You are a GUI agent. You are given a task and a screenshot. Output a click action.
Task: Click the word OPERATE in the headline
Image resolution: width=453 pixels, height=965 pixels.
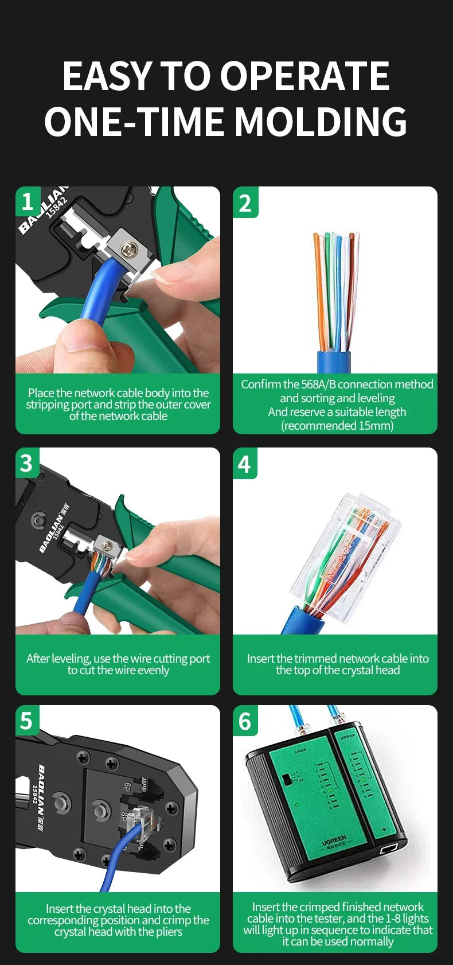pos(304,76)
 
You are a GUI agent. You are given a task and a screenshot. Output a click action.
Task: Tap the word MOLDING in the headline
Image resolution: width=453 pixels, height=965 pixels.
pos(321,122)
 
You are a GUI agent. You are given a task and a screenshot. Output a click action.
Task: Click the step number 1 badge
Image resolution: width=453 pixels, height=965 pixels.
pos(28,201)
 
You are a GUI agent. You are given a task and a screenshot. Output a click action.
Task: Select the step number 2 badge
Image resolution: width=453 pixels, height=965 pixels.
pos(245,203)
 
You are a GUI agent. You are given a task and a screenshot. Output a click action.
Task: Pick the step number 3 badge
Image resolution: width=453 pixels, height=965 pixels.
pos(27,463)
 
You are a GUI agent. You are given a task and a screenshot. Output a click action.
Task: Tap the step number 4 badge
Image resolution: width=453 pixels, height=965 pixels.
pos(245,464)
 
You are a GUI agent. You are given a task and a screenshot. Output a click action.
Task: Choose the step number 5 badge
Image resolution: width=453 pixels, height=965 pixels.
pos(27,721)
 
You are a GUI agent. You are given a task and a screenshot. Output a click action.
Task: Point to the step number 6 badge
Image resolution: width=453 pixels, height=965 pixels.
pos(245,721)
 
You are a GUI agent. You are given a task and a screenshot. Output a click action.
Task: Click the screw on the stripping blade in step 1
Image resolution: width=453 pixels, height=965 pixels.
pos(128,248)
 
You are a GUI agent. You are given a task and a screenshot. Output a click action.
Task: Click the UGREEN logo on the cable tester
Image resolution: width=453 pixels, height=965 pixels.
pos(334,842)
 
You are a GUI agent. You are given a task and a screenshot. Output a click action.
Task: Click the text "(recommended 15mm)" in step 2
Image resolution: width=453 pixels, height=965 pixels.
pos(337,426)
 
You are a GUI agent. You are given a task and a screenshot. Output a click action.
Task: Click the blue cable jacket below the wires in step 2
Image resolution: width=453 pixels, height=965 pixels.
pos(334,363)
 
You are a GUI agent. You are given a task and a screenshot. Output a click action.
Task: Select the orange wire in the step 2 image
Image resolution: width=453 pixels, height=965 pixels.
pos(319,293)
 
